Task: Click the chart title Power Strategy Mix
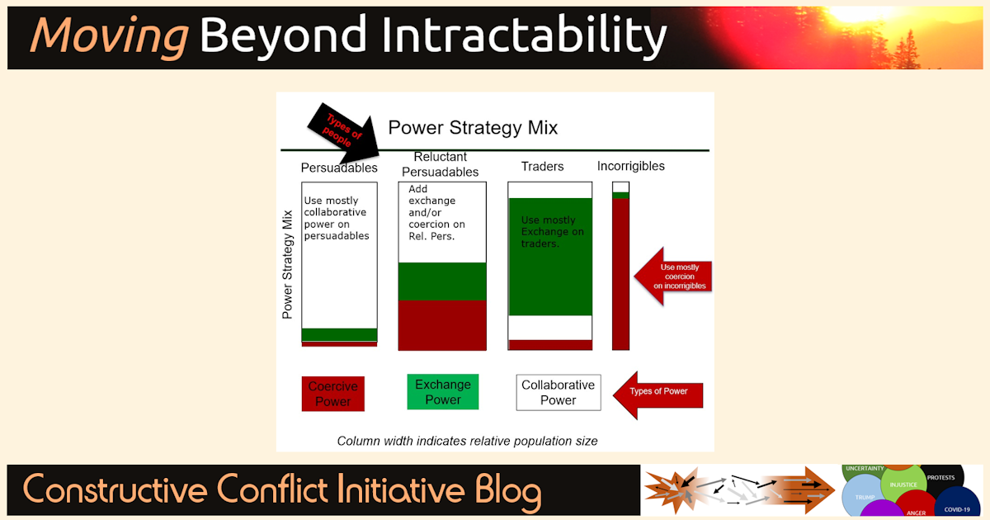point(473,128)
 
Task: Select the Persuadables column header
point(339,168)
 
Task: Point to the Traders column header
point(542,167)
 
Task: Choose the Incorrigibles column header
point(630,166)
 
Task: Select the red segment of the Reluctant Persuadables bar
point(442,325)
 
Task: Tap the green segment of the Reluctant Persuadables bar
point(442,281)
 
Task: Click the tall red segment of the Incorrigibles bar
point(620,272)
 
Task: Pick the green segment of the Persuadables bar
point(339,334)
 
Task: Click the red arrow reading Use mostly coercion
point(672,277)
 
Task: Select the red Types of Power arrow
point(658,391)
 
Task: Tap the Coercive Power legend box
point(333,394)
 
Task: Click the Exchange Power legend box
point(443,392)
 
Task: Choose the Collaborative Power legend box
point(559,393)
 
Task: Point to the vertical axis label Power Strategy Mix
point(288,265)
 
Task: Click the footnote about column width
point(467,441)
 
